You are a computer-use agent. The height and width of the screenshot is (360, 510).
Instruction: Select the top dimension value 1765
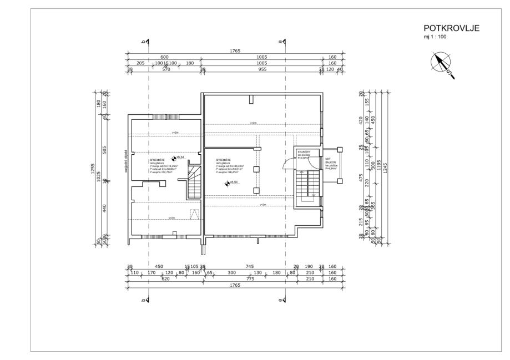pos(235,51)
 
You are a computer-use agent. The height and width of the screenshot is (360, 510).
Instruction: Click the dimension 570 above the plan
pos(165,70)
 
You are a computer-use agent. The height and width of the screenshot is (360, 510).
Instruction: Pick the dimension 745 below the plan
pos(249,267)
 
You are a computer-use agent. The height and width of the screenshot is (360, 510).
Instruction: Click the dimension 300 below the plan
pos(232,272)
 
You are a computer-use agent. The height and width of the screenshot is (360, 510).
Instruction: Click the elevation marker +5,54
pos(234,182)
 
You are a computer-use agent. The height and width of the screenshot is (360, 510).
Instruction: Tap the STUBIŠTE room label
pos(304,151)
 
